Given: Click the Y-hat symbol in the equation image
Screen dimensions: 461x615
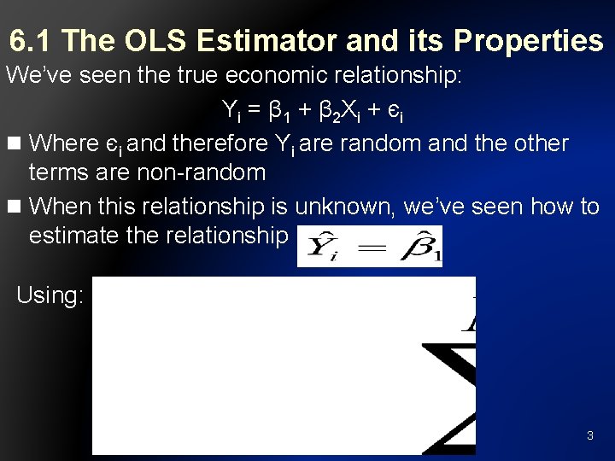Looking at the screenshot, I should [322, 247].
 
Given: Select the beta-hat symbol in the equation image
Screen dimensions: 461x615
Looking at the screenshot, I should [424, 246].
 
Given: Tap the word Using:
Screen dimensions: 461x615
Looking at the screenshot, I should [50, 296].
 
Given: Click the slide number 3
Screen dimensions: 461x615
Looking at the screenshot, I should [589, 436].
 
